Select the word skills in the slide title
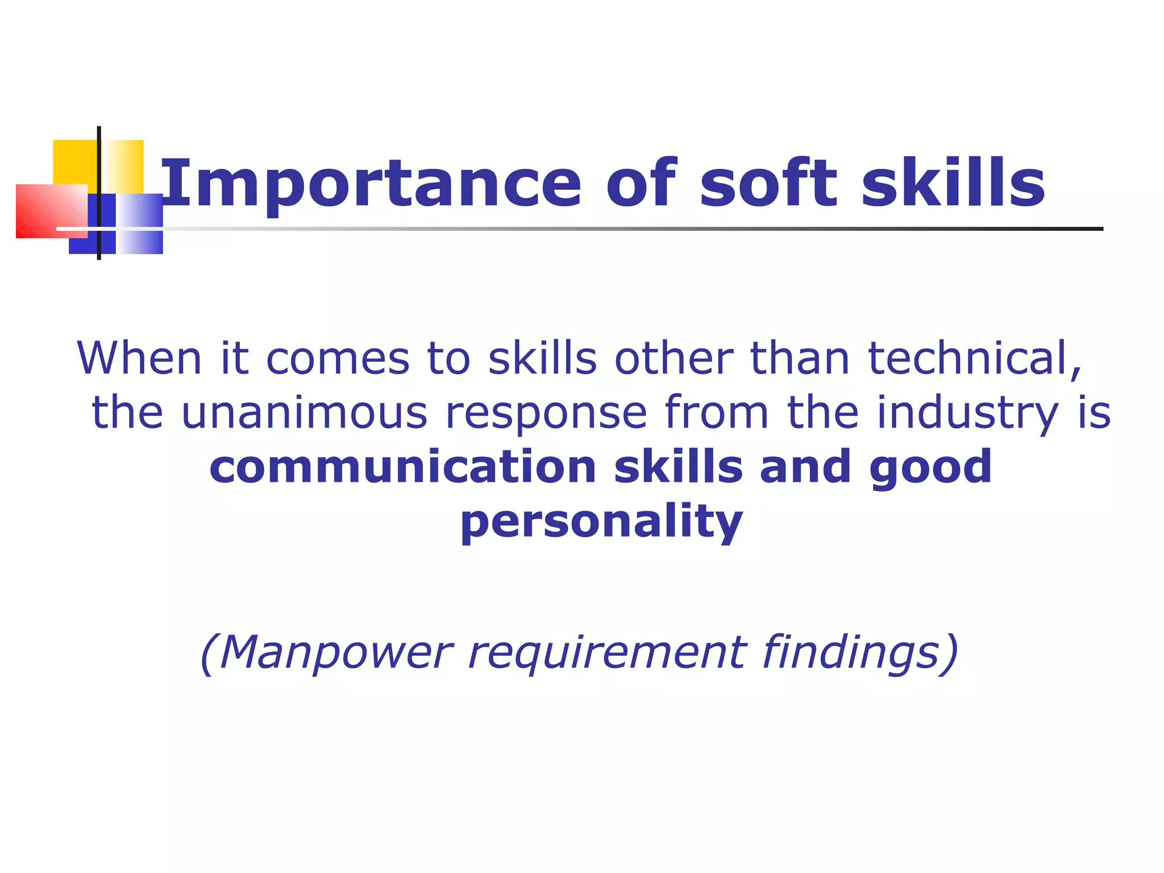pyautogui.click(x=953, y=183)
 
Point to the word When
pyautogui.click(x=139, y=359)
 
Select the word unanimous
pyautogui.click(x=304, y=413)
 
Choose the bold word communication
pyautogui.click(x=403, y=467)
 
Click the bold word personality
pyautogui.click(x=601, y=521)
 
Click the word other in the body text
pyautogui.click(x=674, y=359)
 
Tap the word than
pyautogui.click(x=800, y=359)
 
